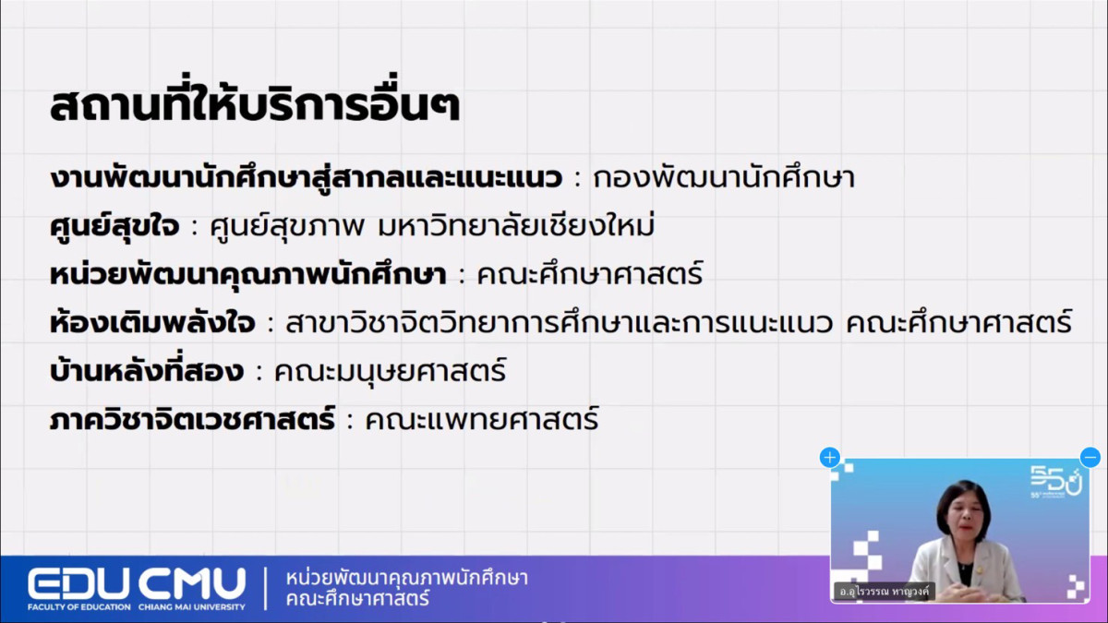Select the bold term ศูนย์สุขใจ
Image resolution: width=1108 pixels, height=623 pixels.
point(114,226)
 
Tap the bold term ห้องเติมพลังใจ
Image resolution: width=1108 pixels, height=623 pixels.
point(152,322)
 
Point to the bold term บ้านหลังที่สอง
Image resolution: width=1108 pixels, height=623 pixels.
point(147,370)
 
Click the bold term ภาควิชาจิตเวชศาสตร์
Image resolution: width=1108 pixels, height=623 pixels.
point(192,419)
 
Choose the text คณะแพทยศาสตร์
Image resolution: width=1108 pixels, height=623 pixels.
point(482,419)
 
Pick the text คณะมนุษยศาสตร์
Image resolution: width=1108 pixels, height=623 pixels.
point(391,371)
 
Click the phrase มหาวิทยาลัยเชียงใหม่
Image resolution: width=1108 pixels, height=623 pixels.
point(516,225)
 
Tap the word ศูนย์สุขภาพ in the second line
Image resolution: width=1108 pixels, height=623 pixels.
point(287,226)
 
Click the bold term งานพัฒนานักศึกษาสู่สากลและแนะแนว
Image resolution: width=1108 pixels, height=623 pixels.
point(306,177)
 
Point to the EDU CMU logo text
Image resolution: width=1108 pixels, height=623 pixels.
point(137,584)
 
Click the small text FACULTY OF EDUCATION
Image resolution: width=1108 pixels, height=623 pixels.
point(79,606)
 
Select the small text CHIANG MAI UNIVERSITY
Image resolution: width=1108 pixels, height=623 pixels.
point(192,606)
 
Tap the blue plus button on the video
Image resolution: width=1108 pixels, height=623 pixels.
point(830,458)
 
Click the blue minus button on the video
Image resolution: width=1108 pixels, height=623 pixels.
point(1090,458)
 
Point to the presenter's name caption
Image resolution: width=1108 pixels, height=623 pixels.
point(885,591)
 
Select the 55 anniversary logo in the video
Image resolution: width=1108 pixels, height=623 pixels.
point(1056,481)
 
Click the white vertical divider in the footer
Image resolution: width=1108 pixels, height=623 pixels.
point(266,589)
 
